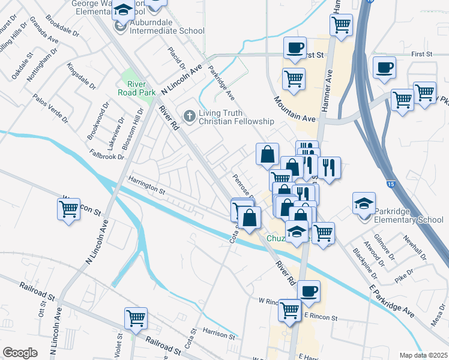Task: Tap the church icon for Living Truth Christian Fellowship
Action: click(190, 115)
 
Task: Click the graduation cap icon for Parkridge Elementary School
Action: click(364, 205)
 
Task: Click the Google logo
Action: click(20, 353)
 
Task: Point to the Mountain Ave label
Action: click(294, 109)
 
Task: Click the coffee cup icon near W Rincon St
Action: click(309, 291)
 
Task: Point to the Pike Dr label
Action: click(405, 276)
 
